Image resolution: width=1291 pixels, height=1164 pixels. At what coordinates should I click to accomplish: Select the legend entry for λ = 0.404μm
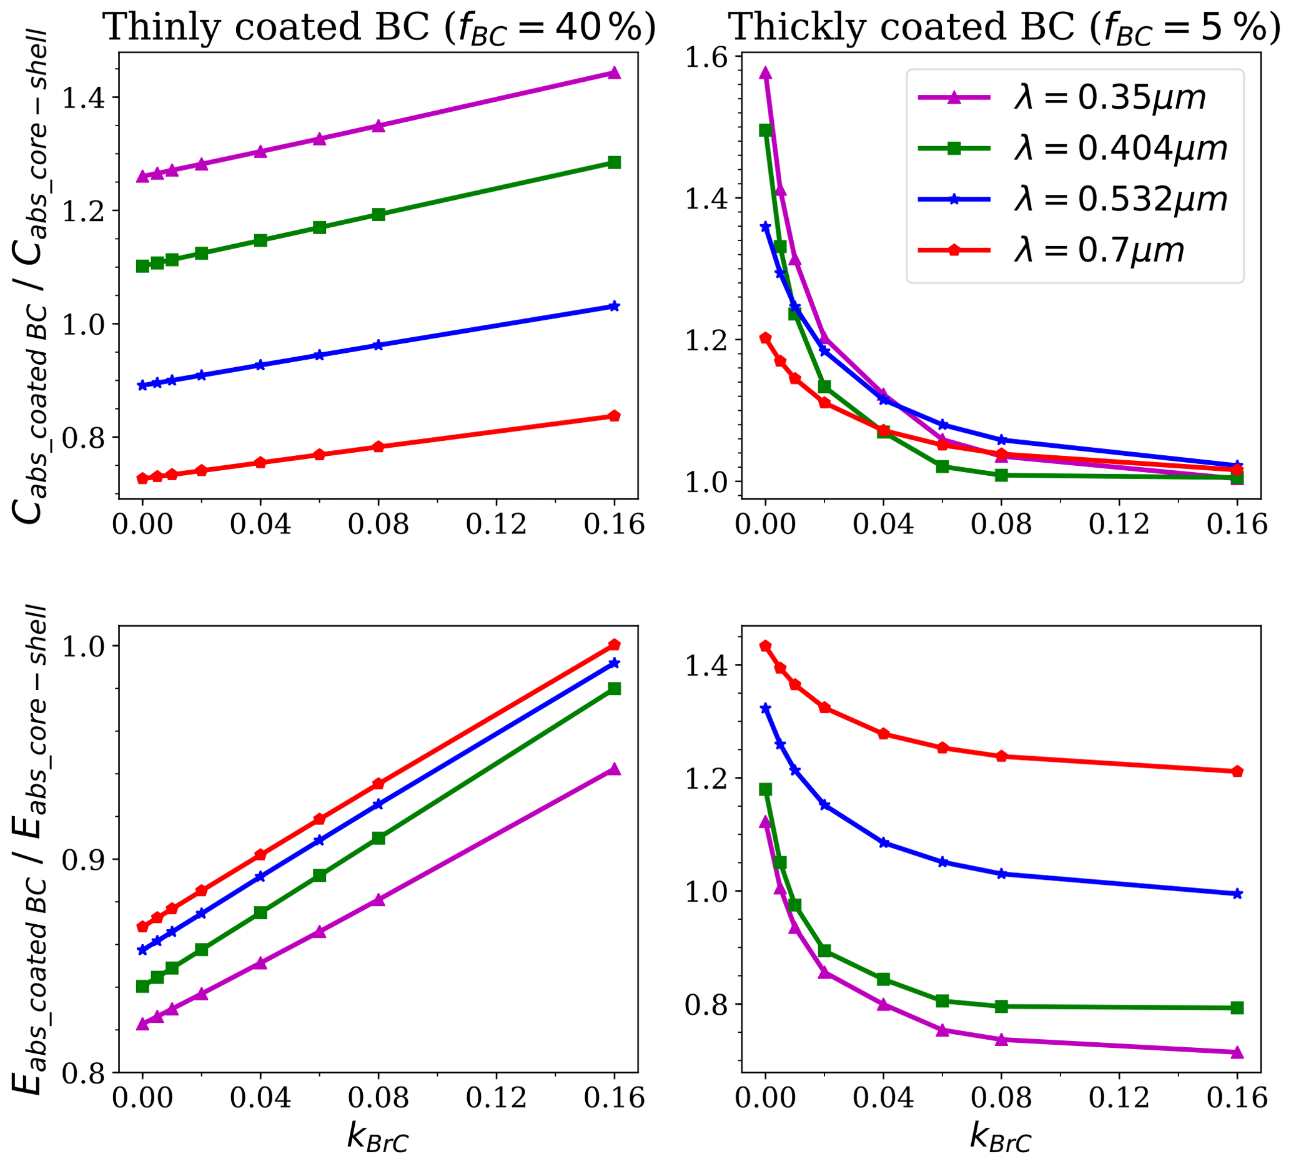pos(1072,149)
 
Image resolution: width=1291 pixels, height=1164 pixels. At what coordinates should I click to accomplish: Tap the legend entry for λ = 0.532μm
pos(1072,199)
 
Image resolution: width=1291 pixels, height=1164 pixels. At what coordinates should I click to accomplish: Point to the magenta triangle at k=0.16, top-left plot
pos(614,73)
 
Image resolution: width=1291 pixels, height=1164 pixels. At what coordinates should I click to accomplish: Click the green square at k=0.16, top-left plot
pos(614,162)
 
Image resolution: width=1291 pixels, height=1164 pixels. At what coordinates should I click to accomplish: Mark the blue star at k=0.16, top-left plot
pos(614,307)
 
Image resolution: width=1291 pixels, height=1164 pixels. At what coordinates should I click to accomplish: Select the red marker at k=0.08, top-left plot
pos(378,446)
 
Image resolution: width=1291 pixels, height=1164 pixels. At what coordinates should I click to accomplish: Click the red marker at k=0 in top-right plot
pos(765,338)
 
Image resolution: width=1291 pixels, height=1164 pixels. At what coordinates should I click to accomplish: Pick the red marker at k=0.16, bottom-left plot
pos(614,644)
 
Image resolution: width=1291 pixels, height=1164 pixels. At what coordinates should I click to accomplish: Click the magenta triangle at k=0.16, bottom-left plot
pos(614,769)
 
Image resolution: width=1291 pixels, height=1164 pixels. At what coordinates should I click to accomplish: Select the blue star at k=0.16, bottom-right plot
pos(1237,894)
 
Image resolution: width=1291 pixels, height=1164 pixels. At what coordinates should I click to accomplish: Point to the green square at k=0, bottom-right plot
pos(765,789)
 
